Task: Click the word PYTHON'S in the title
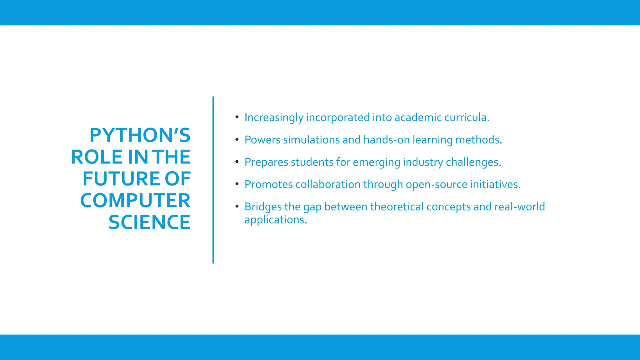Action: click(x=140, y=135)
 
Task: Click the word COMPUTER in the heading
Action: click(x=135, y=201)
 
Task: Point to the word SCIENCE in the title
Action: click(x=149, y=222)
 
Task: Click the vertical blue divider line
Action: click(x=213, y=180)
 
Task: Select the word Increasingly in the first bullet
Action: click(x=274, y=118)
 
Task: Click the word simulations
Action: click(x=311, y=140)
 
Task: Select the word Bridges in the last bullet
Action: click(x=263, y=207)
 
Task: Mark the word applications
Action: click(x=276, y=220)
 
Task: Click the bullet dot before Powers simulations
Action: click(x=237, y=139)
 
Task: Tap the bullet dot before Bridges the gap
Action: click(x=237, y=206)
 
